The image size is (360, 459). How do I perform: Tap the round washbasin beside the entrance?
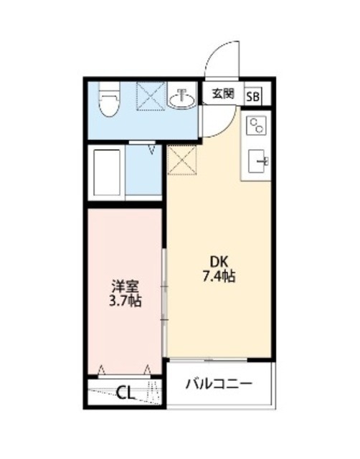pos(184,99)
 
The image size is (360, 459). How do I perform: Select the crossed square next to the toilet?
pos(151,96)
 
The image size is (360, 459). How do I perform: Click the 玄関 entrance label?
pos(222,94)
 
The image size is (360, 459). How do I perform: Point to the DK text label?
pos(218,262)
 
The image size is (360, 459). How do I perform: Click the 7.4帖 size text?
pos(218,276)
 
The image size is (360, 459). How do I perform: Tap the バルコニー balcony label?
pos(219,384)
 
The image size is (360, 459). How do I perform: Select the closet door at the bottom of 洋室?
pos(123,372)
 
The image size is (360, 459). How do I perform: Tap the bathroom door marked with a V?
pos(151,148)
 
